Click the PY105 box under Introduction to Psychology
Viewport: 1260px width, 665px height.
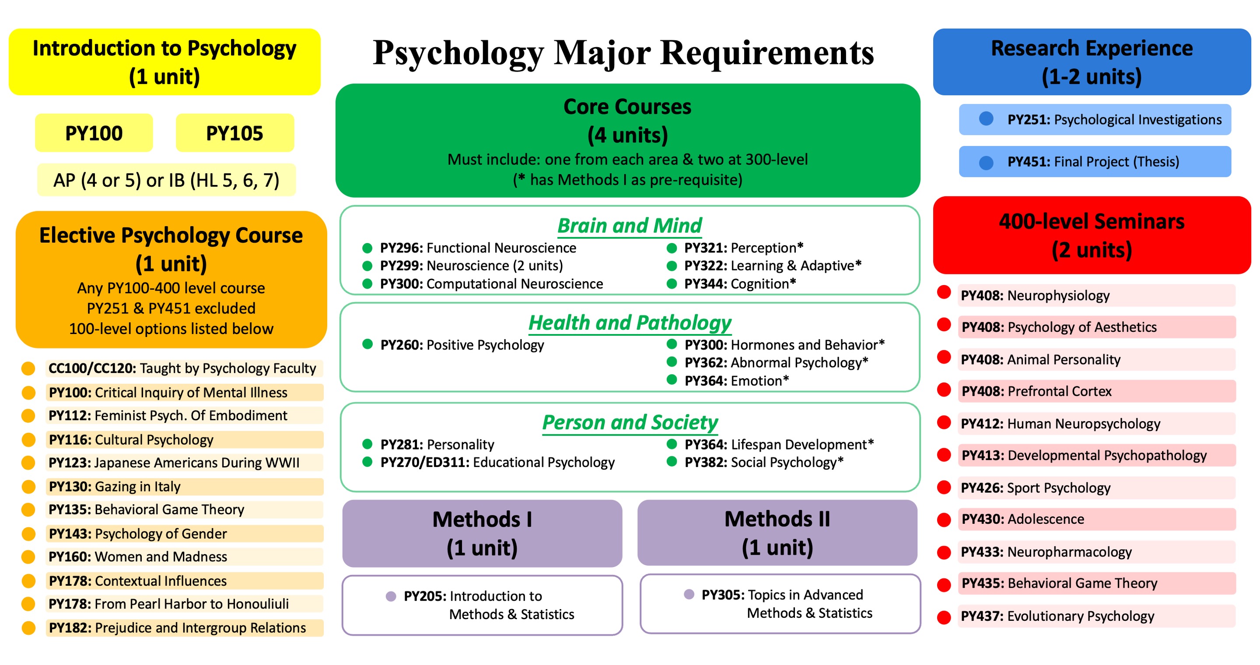(235, 133)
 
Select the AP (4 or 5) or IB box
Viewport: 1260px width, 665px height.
(166, 180)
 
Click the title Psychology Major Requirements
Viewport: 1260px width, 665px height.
(623, 52)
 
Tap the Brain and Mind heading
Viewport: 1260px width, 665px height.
(629, 226)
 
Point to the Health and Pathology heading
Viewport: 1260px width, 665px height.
(630, 323)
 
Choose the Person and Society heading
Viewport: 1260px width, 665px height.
(630, 422)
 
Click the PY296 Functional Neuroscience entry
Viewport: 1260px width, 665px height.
(477, 248)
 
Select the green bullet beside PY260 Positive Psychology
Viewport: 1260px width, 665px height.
(367, 344)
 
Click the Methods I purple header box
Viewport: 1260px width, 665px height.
(482, 533)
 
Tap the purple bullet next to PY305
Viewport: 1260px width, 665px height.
(689, 594)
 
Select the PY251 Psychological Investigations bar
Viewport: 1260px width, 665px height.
(1095, 120)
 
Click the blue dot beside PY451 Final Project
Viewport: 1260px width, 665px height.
(986, 162)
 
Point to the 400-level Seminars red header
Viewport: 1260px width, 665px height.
(1091, 235)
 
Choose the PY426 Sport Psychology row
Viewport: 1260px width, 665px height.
(1095, 487)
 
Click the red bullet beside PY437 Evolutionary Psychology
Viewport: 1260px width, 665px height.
(944, 617)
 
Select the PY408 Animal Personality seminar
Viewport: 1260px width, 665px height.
(1095, 359)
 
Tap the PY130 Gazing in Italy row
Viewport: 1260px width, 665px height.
(184, 487)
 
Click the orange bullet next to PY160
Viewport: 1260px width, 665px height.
(28, 557)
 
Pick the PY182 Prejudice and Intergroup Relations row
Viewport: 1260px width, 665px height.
(184, 628)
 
